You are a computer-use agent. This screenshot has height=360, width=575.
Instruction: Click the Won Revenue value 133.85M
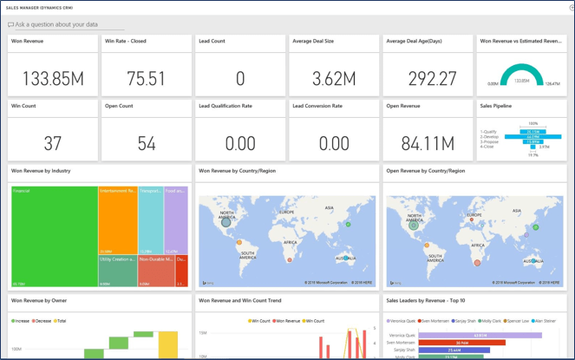53,79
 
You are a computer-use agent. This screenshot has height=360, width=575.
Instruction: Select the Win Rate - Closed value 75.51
146,79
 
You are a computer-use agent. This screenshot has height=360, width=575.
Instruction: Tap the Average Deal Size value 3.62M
334,79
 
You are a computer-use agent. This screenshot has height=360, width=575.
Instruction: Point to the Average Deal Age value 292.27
428,79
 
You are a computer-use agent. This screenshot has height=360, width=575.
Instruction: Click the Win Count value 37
53,143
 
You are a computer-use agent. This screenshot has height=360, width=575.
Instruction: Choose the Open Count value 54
146,143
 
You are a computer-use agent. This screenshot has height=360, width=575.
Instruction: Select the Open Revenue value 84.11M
428,143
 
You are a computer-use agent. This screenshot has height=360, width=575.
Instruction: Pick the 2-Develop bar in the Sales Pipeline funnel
521,137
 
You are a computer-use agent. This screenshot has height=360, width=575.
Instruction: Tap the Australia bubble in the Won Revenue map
346,258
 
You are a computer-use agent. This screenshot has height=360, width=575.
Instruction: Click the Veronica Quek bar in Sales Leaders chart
480,335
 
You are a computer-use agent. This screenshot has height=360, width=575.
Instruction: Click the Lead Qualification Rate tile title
225,106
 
